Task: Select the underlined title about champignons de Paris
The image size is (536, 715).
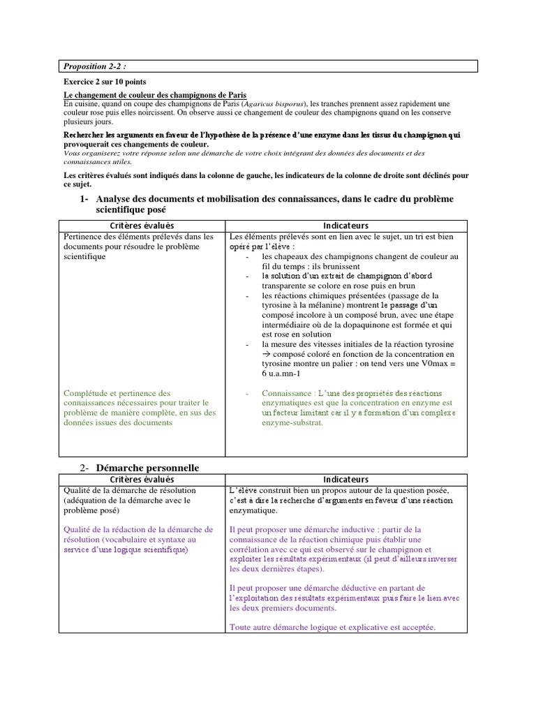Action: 155,95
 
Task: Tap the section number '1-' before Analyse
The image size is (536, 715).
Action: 84,199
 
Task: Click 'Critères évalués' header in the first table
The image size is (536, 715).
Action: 142,226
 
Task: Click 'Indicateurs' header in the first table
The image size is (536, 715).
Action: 346,226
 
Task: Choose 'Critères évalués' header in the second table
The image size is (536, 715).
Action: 142,480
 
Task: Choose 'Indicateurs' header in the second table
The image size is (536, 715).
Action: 346,480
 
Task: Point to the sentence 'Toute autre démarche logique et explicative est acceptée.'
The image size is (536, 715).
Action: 332,627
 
